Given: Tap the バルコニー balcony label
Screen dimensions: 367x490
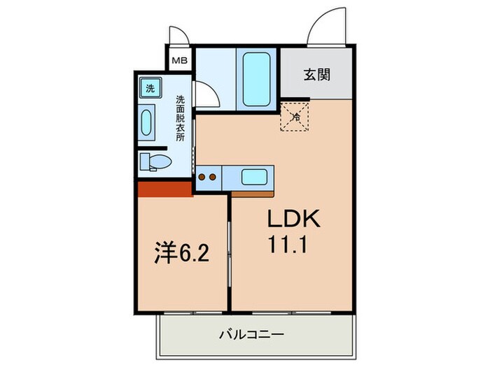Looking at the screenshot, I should pos(253,336).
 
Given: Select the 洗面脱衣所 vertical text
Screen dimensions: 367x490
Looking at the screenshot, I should pos(180,119).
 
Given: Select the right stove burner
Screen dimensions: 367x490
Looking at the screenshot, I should pos(211,177).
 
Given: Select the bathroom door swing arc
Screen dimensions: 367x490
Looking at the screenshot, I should pos(204,94).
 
